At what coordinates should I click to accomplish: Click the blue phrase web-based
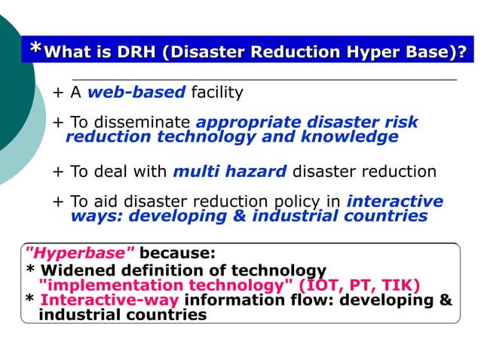(136, 93)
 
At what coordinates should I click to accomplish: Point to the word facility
(216, 93)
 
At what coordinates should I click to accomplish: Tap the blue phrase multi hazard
(229, 171)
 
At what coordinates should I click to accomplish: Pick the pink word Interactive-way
(109, 301)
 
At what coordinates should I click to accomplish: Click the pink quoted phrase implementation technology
(166, 285)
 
